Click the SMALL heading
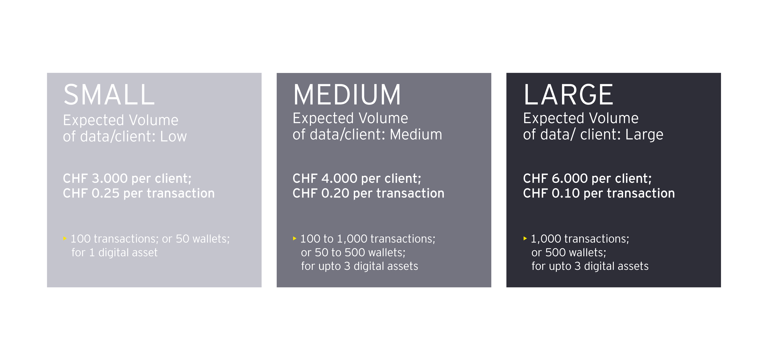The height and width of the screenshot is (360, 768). point(109,95)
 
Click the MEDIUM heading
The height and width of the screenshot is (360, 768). point(347,95)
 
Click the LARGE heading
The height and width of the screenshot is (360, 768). point(568,95)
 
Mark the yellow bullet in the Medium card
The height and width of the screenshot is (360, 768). point(295,238)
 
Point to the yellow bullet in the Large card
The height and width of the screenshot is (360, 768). point(525,238)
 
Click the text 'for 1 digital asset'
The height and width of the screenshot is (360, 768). point(114,252)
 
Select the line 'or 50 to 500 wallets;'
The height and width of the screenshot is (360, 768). point(353,252)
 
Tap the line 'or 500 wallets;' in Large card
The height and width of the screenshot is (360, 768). point(569,252)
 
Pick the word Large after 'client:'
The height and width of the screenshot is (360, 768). point(644,135)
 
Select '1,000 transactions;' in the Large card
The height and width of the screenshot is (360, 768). point(580,239)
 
